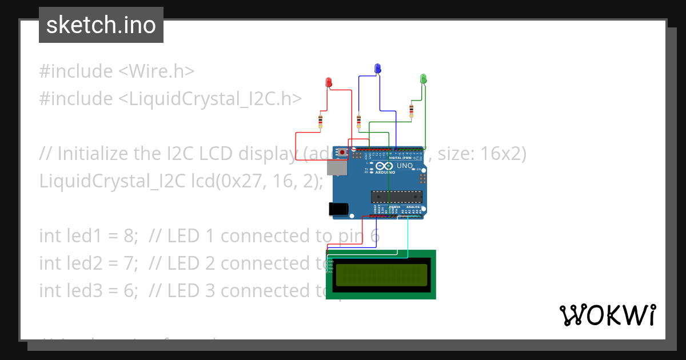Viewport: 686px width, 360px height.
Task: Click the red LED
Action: pos(328,82)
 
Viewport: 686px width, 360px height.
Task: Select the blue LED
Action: pos(377,69)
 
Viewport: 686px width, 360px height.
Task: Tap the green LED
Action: pos(423,78)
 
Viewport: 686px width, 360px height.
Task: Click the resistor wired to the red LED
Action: pos(320,121)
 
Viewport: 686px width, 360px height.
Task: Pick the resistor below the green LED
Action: pos(411,110)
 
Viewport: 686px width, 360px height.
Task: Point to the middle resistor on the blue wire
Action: pos(358,121)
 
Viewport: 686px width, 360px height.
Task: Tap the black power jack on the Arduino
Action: pos(340,210)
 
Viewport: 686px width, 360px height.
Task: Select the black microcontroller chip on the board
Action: pos(397,197)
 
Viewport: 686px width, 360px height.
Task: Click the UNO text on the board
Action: pos(405,166)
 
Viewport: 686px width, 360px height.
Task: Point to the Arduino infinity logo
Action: pos(385,166)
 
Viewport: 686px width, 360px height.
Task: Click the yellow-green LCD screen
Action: pos(381,275)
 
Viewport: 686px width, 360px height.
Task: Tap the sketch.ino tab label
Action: pos(101,25)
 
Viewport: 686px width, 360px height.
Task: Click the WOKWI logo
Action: pos(607,315)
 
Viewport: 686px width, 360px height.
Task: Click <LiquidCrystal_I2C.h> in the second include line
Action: pos(210,99)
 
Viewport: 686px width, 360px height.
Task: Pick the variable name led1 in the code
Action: pos(73,236)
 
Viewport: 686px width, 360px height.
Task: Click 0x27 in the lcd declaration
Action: pos(233,181)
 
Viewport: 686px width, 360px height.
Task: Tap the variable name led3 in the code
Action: pos(73,291)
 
